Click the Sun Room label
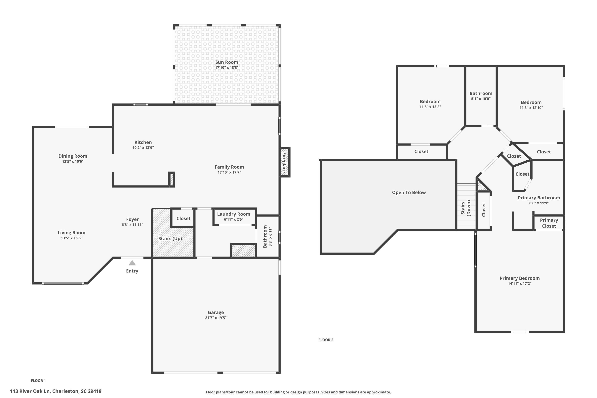[226, 62]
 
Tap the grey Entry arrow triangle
[132, 263]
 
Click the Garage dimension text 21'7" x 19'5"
[216, 318]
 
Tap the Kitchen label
[143, 142]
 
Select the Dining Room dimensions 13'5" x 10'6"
[73, 161]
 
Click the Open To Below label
[409, 192]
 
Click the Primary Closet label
[549, 223]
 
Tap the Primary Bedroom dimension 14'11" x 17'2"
[519, 284]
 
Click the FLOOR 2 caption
[326, 340]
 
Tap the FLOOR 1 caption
[38, 380]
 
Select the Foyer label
[132, 219]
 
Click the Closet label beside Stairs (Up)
[183, 219]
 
